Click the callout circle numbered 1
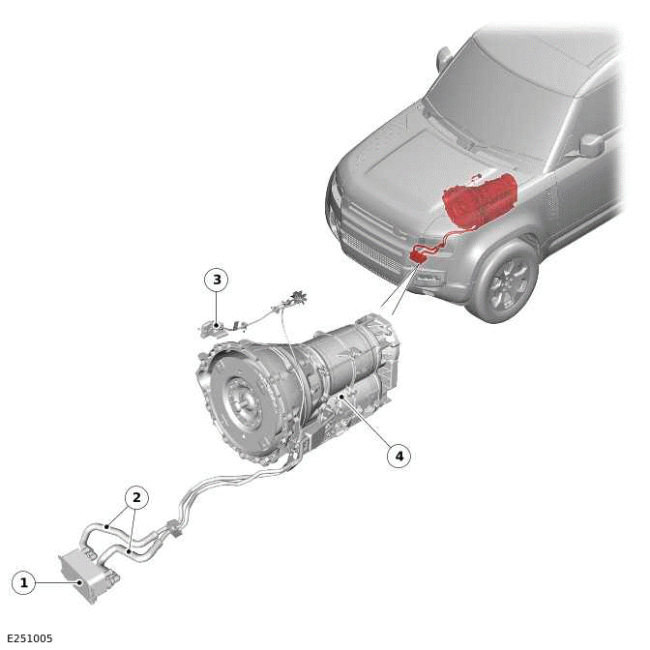click(x=23, y=582)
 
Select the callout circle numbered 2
click(x=136, y=497)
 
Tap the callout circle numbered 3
click(x=217, y=280)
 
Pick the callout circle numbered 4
click(x=399, y=457)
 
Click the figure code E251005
click(x=30, y=638)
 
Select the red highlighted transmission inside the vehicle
click(x=480, y=200)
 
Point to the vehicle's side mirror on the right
click(x=591, y=145)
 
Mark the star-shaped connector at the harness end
click(x=299, y=298)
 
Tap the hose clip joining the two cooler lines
click(x=174, y=529)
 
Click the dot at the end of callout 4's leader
click(x=340, y=397)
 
